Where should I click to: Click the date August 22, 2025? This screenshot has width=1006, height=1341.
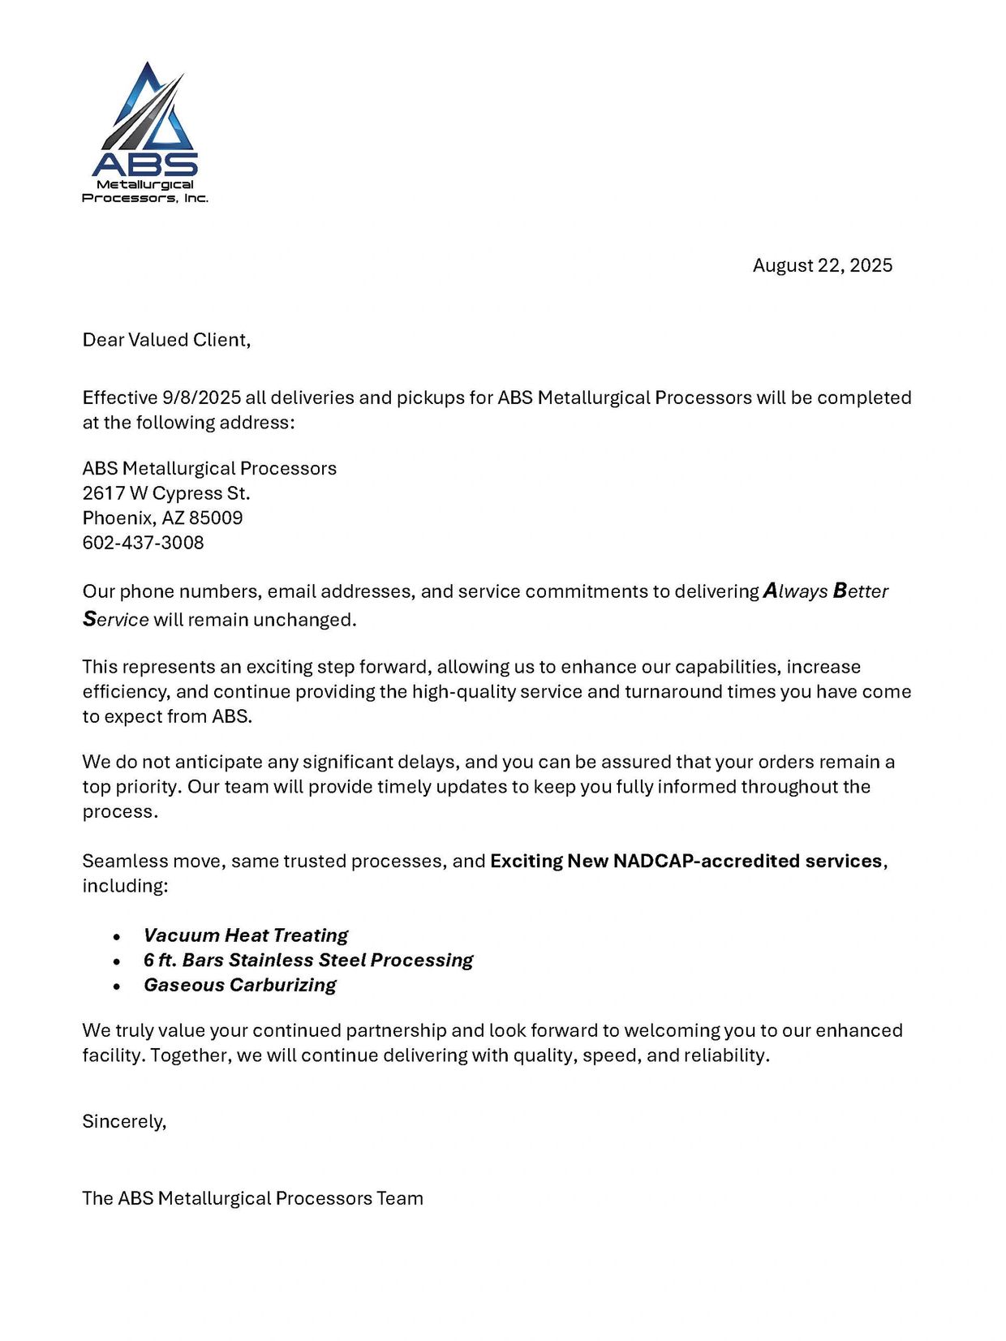[822, 265]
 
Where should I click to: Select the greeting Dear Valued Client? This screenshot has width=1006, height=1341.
[166, 339]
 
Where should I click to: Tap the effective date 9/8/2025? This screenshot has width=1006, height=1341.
[201, 398]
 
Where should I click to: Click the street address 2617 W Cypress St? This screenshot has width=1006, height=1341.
[166, 493]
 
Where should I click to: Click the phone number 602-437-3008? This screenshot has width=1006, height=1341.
[143, 543]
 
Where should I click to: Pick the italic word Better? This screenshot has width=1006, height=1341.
[860, 591]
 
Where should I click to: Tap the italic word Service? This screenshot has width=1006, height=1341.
[115, 620]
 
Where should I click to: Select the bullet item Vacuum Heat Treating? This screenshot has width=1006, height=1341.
[246, 935]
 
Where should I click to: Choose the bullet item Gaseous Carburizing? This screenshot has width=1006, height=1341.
[239, 985]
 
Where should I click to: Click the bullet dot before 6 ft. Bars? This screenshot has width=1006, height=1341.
[118, 961]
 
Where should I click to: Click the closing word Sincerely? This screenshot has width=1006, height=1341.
[123, 1121]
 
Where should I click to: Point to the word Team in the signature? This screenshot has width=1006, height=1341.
[400, 1198]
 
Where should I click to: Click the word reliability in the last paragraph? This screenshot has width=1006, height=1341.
[726, 1055]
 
